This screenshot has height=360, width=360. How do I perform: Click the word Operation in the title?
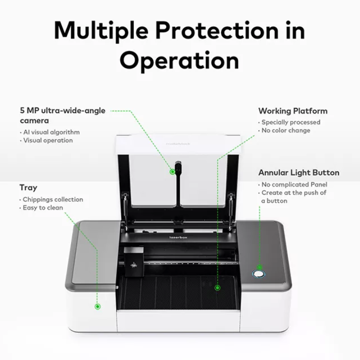(x=180, y=60)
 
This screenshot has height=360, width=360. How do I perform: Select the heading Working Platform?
(x=293, y=111)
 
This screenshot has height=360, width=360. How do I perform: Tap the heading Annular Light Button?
(x=299, y=173)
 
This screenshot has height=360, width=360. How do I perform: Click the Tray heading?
(x=28, y=188)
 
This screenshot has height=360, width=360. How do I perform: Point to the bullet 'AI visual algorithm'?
(x=51, y=132)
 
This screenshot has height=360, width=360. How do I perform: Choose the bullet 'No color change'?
(x=285, y=130)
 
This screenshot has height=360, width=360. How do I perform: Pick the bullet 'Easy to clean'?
(x=43, y=207)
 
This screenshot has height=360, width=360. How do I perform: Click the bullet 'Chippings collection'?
(x=53, y=199)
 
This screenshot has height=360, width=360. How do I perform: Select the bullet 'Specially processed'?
(x=291, y=122)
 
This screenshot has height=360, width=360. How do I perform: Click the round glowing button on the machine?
(x=259, y=274)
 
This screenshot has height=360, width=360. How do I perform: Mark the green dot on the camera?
(x=172, y=172)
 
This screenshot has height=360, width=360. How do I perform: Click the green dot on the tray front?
(x=97, y=306)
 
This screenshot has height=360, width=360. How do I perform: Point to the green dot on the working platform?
(x=218, y=287)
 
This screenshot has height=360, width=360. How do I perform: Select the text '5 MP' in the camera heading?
(x=29, y=111)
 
